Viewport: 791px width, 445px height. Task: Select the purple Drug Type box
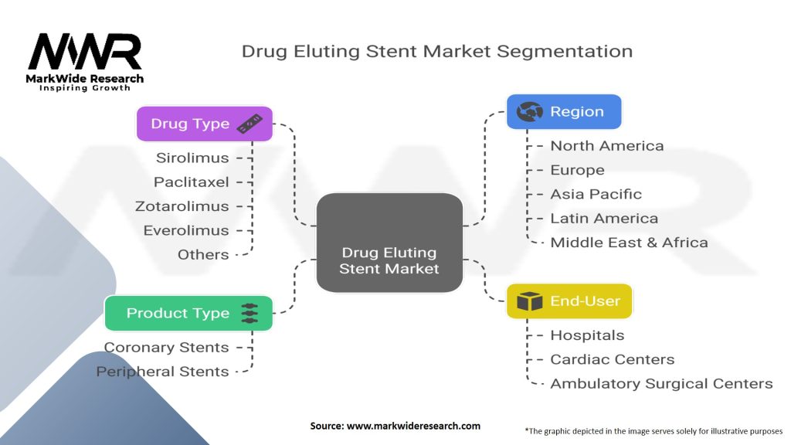[204, 124]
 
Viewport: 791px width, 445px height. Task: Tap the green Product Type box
[188, 313]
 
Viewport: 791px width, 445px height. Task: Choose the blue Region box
[563, 112]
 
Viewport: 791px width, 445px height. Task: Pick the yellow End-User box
[569, 301]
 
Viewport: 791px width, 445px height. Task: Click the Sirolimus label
[192, 158]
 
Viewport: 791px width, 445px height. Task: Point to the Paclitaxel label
[191, 182]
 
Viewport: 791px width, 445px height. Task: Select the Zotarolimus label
[182, 206]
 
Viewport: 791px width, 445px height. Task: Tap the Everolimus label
[186, 230]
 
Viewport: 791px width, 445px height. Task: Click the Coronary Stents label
[166, 348]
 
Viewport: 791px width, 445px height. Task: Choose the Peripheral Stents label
[162, 372]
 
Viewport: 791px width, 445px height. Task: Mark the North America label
[606, 146]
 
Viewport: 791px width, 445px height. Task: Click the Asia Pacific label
[596, 194]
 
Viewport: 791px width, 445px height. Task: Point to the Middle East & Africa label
[629, 243]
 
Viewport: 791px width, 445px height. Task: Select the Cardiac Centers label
[612, 359]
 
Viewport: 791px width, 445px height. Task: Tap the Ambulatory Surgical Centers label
[661, 383]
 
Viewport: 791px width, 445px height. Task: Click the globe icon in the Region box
[530, 112]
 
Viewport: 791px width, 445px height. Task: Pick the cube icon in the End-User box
[530, 301]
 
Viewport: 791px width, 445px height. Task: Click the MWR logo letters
[85, 53]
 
